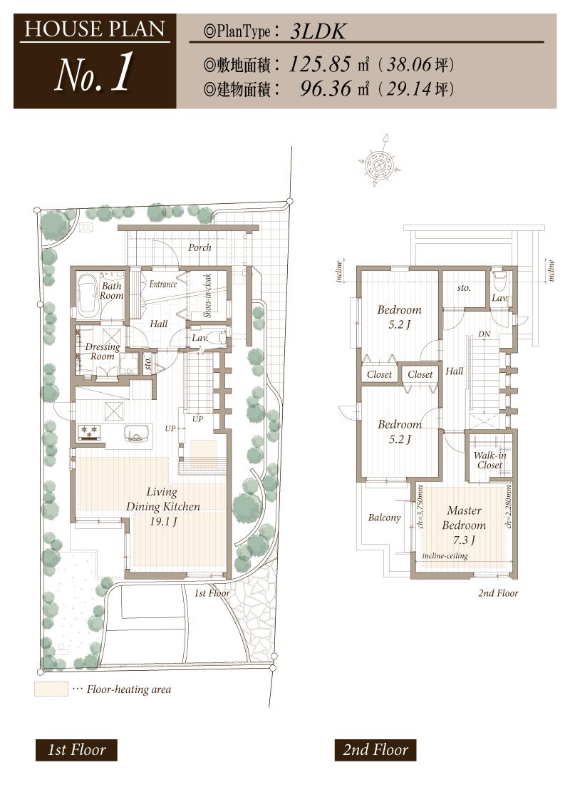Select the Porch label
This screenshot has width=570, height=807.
[x=199, y=247]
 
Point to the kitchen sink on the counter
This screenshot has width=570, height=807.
[x=136, y=433]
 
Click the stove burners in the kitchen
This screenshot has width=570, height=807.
[x=91, y=431]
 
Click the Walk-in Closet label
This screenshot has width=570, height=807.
[x=489, y=461]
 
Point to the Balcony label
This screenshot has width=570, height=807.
[x=384, y=518]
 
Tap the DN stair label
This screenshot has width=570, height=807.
[x=484, y=334]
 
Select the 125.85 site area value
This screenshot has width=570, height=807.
[x=320, y=65]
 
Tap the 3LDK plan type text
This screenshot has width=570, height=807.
[x=317, y=32]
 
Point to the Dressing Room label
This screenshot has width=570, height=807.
[x=103, y=351]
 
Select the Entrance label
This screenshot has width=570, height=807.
[x=163, y=284]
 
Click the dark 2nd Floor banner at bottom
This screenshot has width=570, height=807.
[x=375, y=750]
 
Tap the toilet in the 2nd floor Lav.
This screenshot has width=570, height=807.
[x=499, y=279]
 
